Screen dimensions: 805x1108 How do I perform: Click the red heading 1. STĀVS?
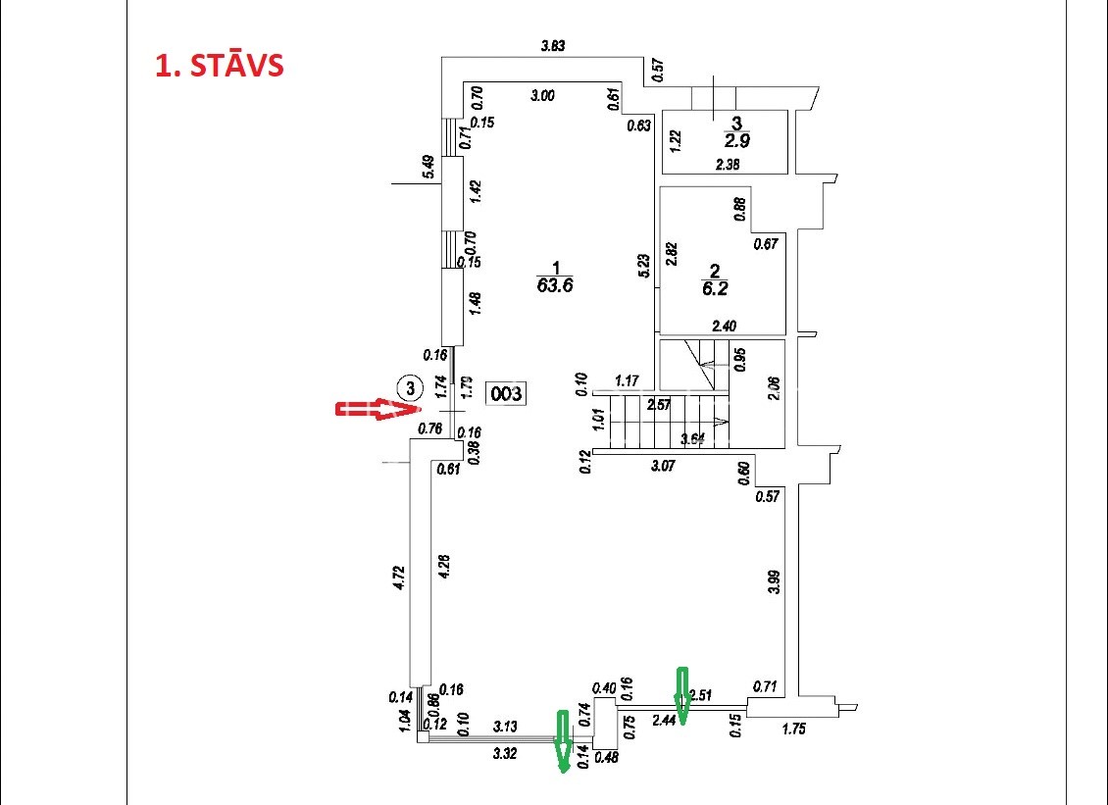[220, 66]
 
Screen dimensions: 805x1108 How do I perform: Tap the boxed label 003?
[507, 394]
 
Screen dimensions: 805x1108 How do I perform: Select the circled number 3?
[412, 386]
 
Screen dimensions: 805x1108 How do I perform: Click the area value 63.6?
[555, 286]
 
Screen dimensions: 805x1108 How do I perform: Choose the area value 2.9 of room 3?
[736, 140]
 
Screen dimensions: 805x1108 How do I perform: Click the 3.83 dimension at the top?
[554, 45]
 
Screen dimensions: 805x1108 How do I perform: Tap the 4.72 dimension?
[398, 576]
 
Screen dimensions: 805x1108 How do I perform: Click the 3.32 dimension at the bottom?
[505, 753]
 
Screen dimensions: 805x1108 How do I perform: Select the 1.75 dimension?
[794, 728]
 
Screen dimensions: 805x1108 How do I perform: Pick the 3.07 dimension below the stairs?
[664, 466]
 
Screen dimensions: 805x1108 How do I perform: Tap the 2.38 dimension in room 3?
[728, 165]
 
